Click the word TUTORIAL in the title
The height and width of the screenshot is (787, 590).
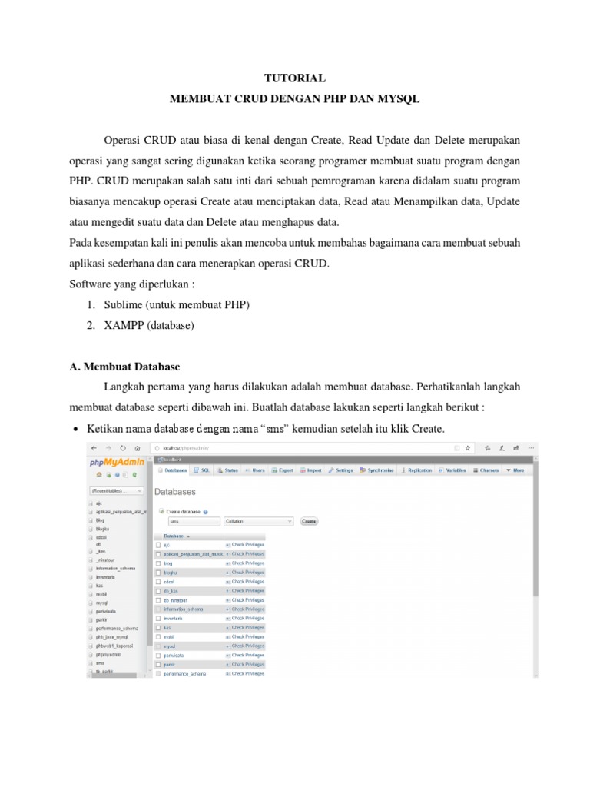[x=295, y=78]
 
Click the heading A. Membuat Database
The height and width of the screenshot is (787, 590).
[x=124, y=367]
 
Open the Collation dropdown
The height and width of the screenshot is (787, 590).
[x=258, y=520]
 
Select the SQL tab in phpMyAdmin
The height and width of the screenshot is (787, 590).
[x=203, y=470]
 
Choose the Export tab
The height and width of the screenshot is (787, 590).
[x=282, y=470]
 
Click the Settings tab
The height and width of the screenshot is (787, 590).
[x=340, y=470]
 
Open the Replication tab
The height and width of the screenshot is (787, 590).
[x=416, y=470]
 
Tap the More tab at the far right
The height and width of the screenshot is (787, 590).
[x=515, y=470]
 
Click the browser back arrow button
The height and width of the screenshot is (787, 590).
[x=94, y=447]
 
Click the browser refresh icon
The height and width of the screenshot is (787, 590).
[x=122, y=447]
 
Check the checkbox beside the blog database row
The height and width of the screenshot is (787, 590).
[x=158, y=563]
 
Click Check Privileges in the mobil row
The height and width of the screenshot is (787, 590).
[x=247, y=636]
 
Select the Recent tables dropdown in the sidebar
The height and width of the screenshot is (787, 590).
[x=116, y=490]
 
